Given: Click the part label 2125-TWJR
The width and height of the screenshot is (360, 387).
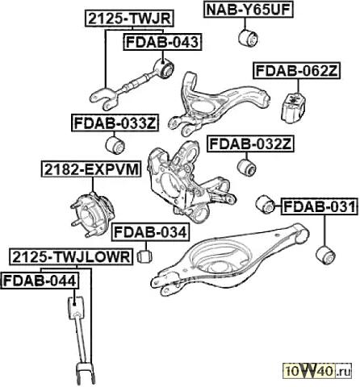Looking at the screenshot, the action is (129, 19).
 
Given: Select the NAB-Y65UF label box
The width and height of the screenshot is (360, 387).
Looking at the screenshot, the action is (248, 10).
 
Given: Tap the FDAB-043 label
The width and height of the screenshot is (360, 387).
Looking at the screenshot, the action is (162, 42).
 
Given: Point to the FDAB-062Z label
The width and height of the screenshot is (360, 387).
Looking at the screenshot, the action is (296, 71).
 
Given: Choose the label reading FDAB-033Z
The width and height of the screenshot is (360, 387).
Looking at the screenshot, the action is (115, 123).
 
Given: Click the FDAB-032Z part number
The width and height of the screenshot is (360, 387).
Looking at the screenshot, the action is (250, 144).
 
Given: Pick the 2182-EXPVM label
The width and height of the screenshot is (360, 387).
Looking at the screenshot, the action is (91, 169).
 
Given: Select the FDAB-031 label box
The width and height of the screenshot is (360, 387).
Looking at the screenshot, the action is (320, 206).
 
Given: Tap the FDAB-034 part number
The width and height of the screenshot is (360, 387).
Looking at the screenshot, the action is (150, 232).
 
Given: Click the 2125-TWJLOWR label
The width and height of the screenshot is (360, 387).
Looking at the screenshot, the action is (71, 257).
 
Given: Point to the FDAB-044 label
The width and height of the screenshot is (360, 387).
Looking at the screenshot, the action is (40, 281).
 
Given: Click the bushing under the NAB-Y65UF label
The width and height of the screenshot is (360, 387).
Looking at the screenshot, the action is (248, 38).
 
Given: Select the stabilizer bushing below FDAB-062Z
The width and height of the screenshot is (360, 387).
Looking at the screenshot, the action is (294, 108).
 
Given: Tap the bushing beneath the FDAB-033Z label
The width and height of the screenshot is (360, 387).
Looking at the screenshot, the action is (115, 145).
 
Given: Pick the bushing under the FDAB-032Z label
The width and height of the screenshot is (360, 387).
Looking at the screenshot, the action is (247, 168).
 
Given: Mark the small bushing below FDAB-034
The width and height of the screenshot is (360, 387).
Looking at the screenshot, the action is (144, 256).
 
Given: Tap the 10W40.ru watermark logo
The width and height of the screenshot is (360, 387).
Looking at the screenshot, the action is (316, 372).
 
